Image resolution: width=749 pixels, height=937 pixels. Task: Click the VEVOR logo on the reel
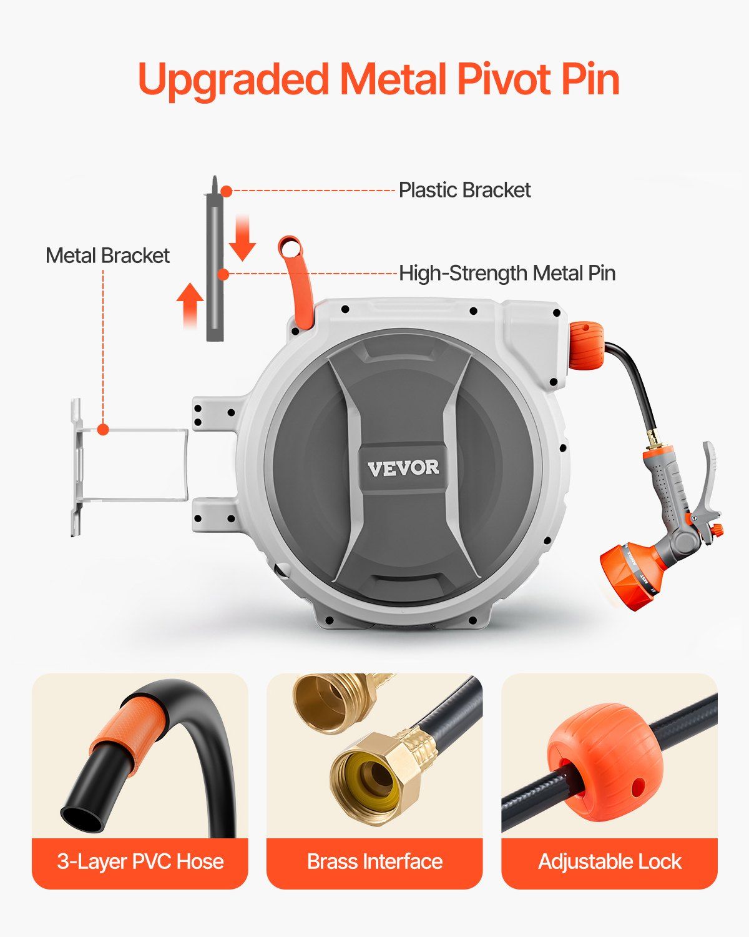(403, 468)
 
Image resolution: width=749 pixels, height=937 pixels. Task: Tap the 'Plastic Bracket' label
(465, 191)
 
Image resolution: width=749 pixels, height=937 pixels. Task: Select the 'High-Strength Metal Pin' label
(507, 274)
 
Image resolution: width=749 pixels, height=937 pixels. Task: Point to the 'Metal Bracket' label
(107, 255)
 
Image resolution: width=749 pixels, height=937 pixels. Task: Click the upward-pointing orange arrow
(190, 305)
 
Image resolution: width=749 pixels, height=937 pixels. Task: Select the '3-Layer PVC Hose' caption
(140, 861)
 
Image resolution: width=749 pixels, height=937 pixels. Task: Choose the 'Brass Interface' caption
(374, 861)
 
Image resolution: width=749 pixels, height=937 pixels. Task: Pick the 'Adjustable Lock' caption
(610, 861)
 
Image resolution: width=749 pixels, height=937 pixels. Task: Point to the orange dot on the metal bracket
(103, 429)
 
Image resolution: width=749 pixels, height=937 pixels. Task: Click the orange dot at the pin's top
(226, 191)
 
